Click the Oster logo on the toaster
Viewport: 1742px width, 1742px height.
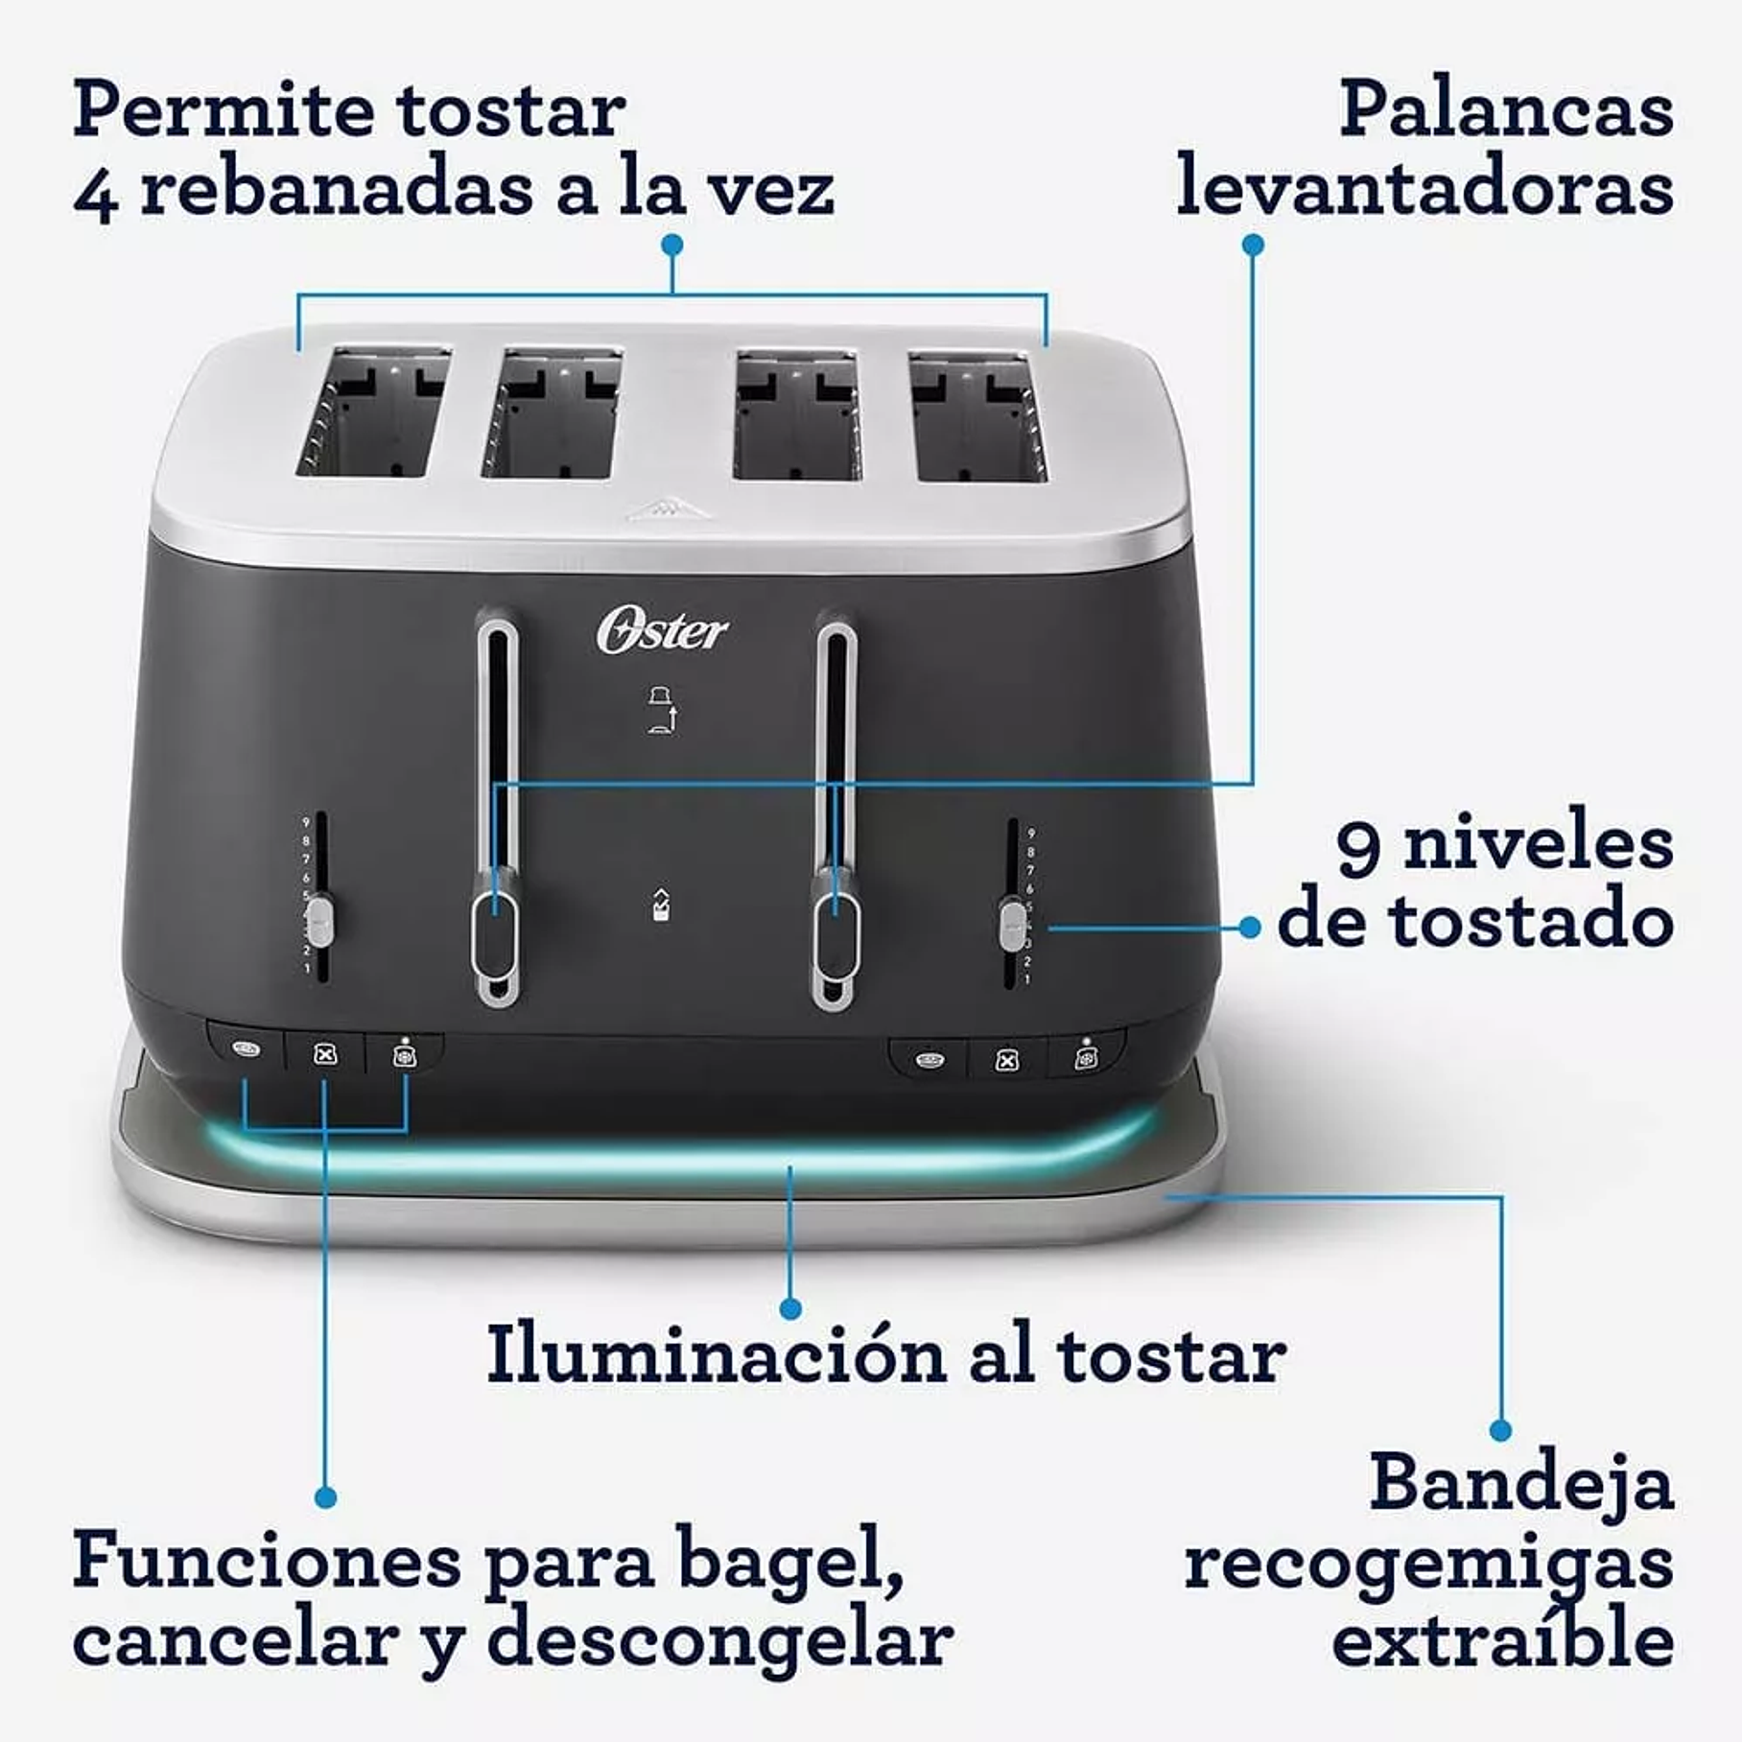pos(662,632)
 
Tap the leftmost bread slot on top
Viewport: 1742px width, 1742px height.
pos(372,414)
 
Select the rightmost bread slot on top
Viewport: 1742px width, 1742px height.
pos(978,416)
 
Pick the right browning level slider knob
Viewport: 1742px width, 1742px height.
pos(1012,924)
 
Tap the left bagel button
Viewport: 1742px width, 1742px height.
pos(246,1049)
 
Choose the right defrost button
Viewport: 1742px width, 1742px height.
pos(1085,1059)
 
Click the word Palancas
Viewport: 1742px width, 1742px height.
pos(1506,111)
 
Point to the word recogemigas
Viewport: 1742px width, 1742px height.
pos(1428,1565)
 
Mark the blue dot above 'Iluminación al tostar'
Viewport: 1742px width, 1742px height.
pos(790,1307)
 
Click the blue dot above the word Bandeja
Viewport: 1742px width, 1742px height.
pos(1501,1430)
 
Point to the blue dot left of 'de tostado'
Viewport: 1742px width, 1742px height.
pos(1249,928)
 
